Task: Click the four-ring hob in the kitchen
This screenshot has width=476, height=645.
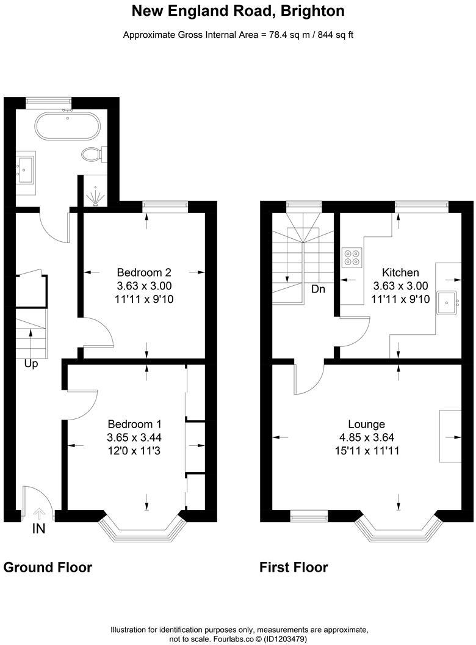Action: [352, 258]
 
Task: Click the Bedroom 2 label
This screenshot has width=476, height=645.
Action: [144, 272]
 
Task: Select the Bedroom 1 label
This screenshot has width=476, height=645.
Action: [134, 424]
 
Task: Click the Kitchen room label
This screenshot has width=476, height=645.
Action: [400, 272]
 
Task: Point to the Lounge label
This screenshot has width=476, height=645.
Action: [366, 424]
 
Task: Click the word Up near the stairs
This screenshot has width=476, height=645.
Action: [32, 364]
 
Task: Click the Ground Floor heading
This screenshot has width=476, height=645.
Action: [48, 567]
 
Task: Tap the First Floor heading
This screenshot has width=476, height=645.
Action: [294, 567]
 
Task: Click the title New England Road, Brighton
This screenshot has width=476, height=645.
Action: [238, 11]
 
